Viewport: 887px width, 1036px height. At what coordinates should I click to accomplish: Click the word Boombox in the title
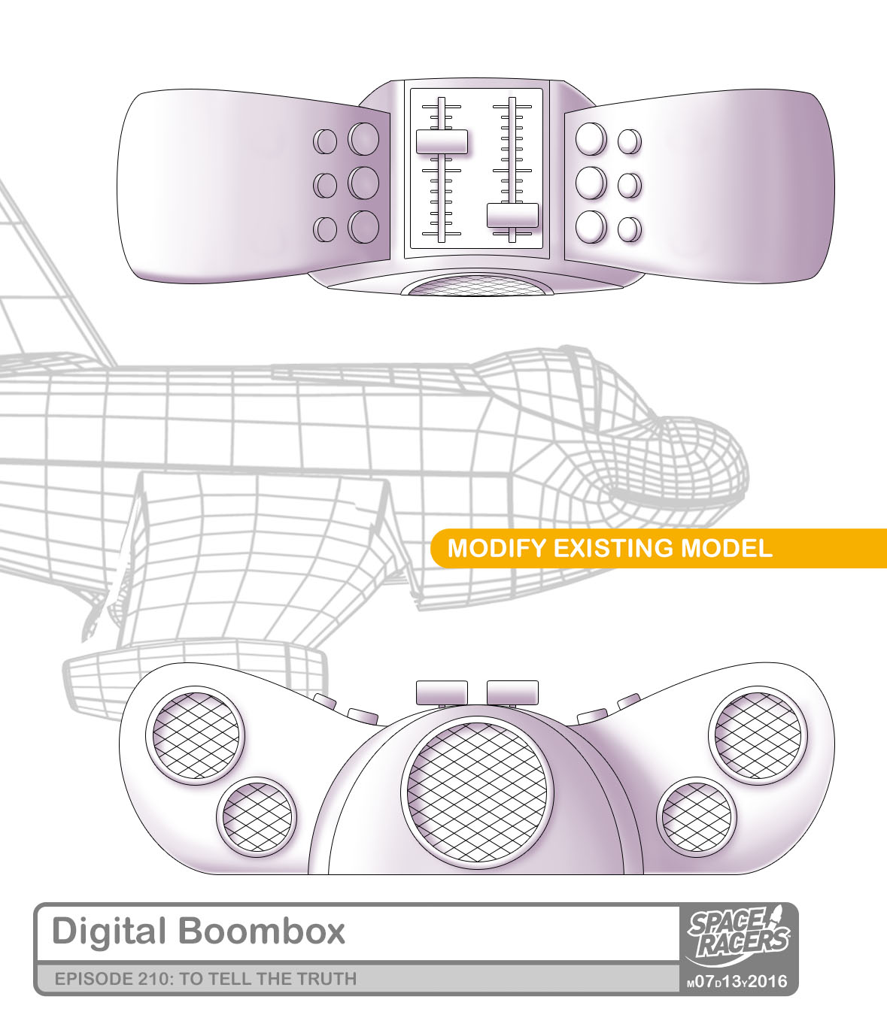click(x=262, y=931)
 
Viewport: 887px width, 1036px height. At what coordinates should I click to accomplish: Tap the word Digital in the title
click(x=108, y=931)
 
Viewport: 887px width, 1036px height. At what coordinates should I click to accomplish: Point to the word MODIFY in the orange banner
click(x=497, y=548)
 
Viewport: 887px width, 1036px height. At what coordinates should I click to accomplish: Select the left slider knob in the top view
click(x=442, y=141)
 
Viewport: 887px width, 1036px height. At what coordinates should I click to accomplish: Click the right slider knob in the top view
click(x=512, y=215)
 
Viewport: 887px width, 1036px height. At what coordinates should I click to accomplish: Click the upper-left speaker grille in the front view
click(x=198, y=735)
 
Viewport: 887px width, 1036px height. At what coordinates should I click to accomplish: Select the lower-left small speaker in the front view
click(x=257, y=816)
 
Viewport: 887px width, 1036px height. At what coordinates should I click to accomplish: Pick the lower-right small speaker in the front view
click(x=697, y=817)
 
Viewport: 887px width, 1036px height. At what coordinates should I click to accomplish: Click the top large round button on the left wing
click(x=363, y=138)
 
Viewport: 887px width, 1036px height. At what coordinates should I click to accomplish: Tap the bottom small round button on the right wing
click(x=629, y=228)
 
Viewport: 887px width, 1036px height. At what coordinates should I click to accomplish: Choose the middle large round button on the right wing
click(x=590, y=182)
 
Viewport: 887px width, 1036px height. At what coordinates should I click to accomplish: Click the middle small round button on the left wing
click(x=324, y=184)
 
